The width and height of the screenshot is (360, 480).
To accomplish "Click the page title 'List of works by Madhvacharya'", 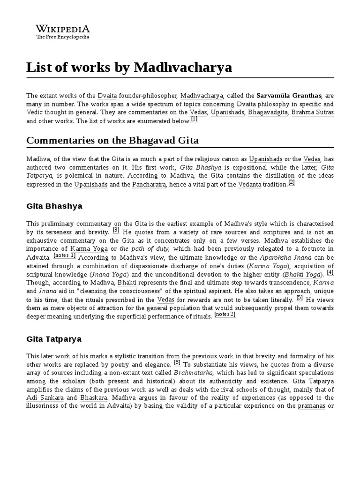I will [x=129, y=67].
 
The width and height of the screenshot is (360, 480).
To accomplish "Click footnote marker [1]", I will [x=194, y=119].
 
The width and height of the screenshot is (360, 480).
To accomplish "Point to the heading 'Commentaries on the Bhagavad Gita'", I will [x=112, y=140].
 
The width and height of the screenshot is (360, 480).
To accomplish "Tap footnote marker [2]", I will [x=291, y=182].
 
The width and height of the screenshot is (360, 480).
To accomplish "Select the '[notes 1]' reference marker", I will [x=64, y=255].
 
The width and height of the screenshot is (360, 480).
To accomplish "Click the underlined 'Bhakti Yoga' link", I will [x=304, y=274].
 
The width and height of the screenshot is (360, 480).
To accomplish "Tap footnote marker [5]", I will [x=300, y=297].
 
